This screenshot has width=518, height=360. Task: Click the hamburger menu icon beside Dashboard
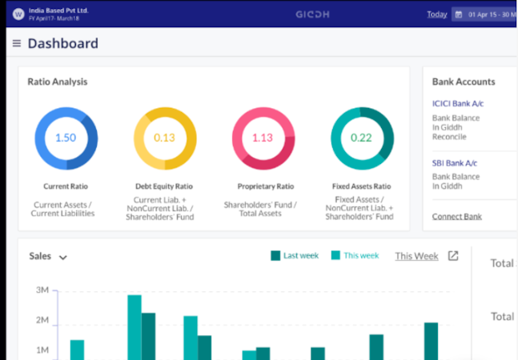coord(16,44)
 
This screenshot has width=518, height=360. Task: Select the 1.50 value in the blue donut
coord(66,138)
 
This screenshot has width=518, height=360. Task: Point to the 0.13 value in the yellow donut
coord(164,138)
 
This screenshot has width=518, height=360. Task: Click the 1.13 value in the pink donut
coord(263,138)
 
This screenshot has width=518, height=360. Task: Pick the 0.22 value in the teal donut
coord(362,138)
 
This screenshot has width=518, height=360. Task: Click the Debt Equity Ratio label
coord(164,186)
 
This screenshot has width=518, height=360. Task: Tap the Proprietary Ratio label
coord(263,186)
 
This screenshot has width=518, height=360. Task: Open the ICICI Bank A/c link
coord(458,104)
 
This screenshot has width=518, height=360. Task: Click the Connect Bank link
coord(456,217)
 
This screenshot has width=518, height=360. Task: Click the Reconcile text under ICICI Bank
coord(449,136)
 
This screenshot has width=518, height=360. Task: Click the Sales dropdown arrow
coord(62,258)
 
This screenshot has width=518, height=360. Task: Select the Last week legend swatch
coord(275,256)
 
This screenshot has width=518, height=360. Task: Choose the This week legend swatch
coord(335,256)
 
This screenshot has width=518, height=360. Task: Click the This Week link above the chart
coord(416,256)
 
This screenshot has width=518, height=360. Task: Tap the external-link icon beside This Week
coord(453,256)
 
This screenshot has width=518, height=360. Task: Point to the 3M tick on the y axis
coord(42,291)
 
